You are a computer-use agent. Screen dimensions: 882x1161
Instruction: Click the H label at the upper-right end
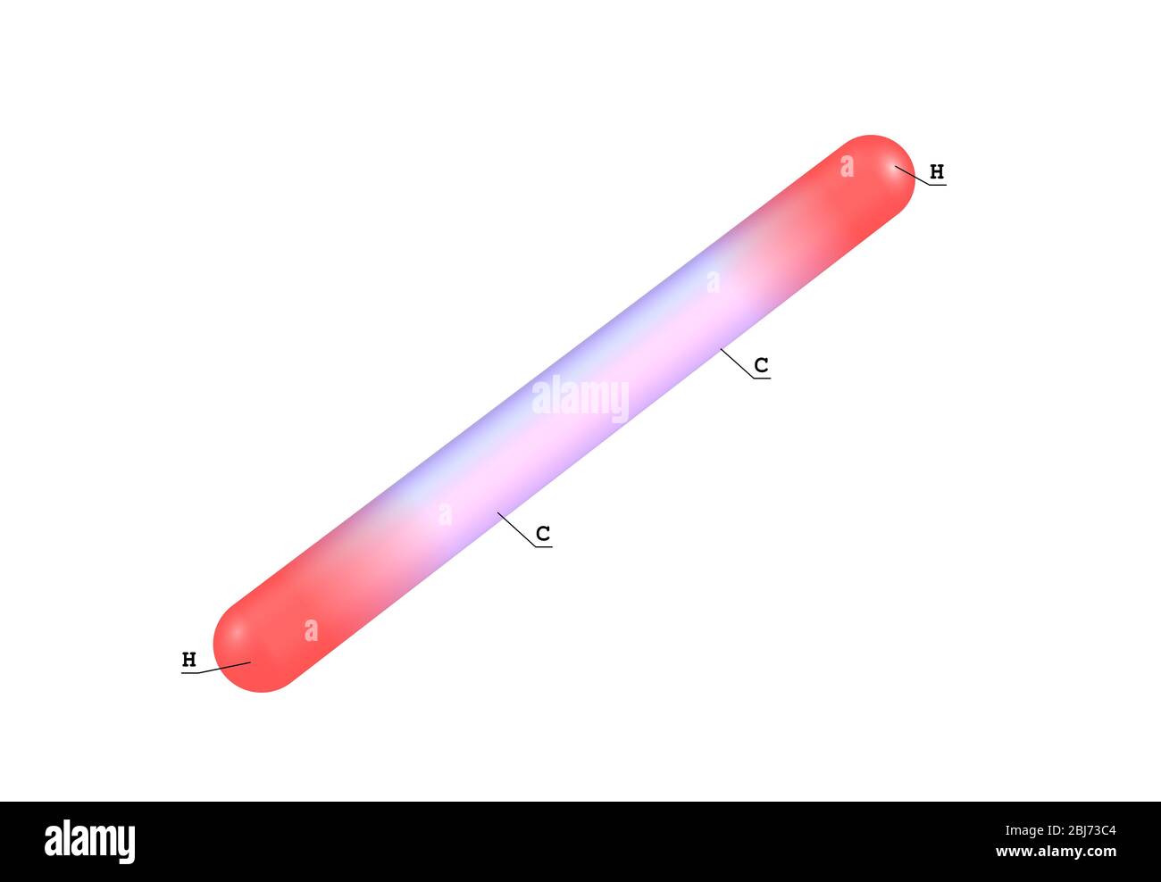click(937, 171)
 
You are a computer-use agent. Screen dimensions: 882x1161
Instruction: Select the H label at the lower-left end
click(189, 660)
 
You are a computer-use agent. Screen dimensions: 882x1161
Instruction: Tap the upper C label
click(761, 365)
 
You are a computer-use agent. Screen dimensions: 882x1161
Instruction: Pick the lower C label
click(543, 534)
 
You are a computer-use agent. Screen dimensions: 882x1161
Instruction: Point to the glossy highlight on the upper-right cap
click(893, 170)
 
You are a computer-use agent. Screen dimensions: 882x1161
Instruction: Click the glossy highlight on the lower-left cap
click(238, 634)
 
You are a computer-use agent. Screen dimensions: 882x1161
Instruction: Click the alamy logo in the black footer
click(90, 841)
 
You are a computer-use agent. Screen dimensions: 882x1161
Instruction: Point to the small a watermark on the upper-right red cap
click(847, 166)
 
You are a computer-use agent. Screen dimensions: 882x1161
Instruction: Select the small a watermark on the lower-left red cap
click(311, 630)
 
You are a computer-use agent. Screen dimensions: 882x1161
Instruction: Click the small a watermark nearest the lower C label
click(445, 514)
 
